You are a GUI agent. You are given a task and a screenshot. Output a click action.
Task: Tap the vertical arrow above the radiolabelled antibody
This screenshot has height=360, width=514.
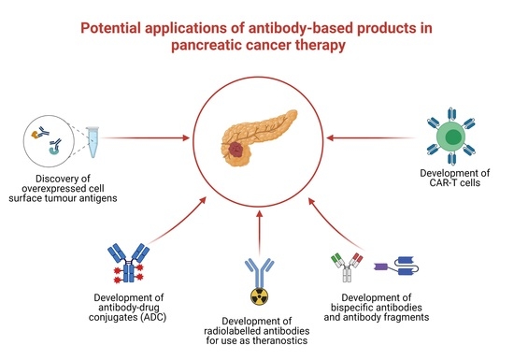click(256, 224)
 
